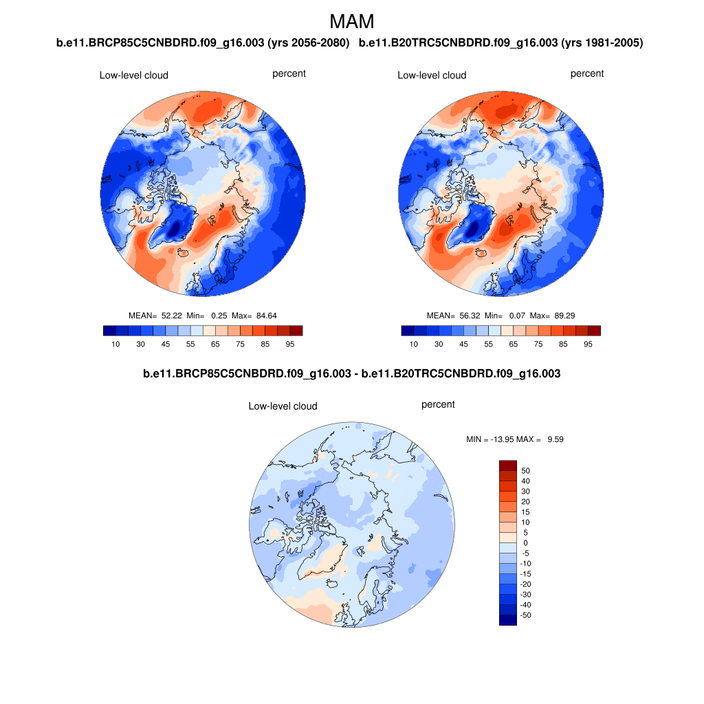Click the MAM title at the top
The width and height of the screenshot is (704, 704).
click(352, 21)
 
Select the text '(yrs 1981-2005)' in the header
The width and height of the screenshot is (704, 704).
click(602, 43)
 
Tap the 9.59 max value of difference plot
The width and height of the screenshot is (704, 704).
click(555, 439)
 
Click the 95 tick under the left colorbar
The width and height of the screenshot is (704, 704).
click(290, 344)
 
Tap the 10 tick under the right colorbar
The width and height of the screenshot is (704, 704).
click(413, 344)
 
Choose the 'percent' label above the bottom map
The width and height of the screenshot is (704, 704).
click(438, 404)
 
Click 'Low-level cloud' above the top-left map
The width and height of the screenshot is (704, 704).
click(134, 76)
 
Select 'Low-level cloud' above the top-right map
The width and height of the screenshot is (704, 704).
click(432, 76)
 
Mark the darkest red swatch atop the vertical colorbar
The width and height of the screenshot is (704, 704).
click(507, 465)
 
